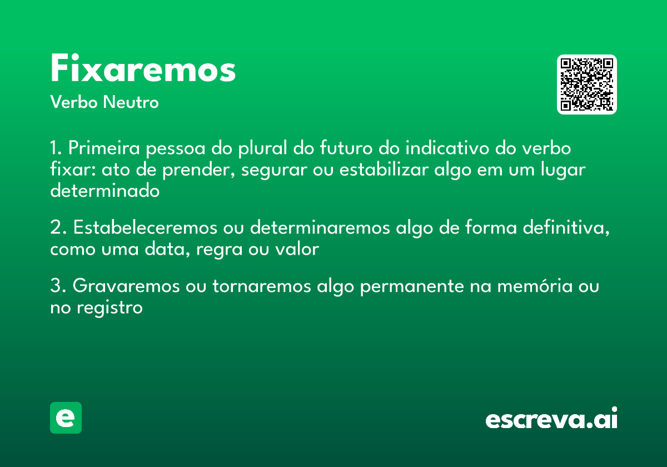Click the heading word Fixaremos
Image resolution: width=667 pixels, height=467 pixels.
(x=143, y=69)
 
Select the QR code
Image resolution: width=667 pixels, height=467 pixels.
(x=587, y=85)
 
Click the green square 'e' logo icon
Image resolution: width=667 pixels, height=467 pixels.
(x=66, y=418)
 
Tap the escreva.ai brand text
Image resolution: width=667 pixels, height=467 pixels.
(x=551, y=419)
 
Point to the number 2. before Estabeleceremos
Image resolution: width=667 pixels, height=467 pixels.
(x=58, y=228)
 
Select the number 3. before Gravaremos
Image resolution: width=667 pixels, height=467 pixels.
(x=58, y=286)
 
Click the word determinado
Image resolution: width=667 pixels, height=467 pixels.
(x=105, y=191)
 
